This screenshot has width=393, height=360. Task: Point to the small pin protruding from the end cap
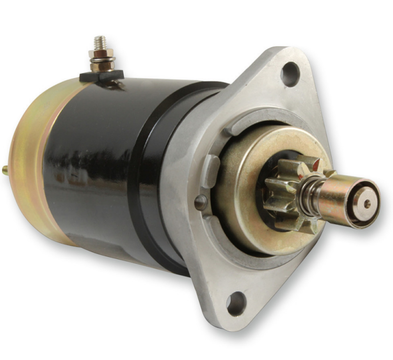click(x=5, y=170)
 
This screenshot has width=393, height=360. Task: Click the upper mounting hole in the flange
click(x=290, y=74)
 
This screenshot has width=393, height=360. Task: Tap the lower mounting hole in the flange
click(x=236, y=302)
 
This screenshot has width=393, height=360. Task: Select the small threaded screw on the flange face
click(x=200, y=202)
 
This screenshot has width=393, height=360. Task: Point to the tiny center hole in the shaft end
click(x=367, y=203)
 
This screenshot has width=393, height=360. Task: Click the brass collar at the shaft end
click(x=339, y=199)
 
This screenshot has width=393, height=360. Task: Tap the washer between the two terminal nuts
click(x=102, y=60)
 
